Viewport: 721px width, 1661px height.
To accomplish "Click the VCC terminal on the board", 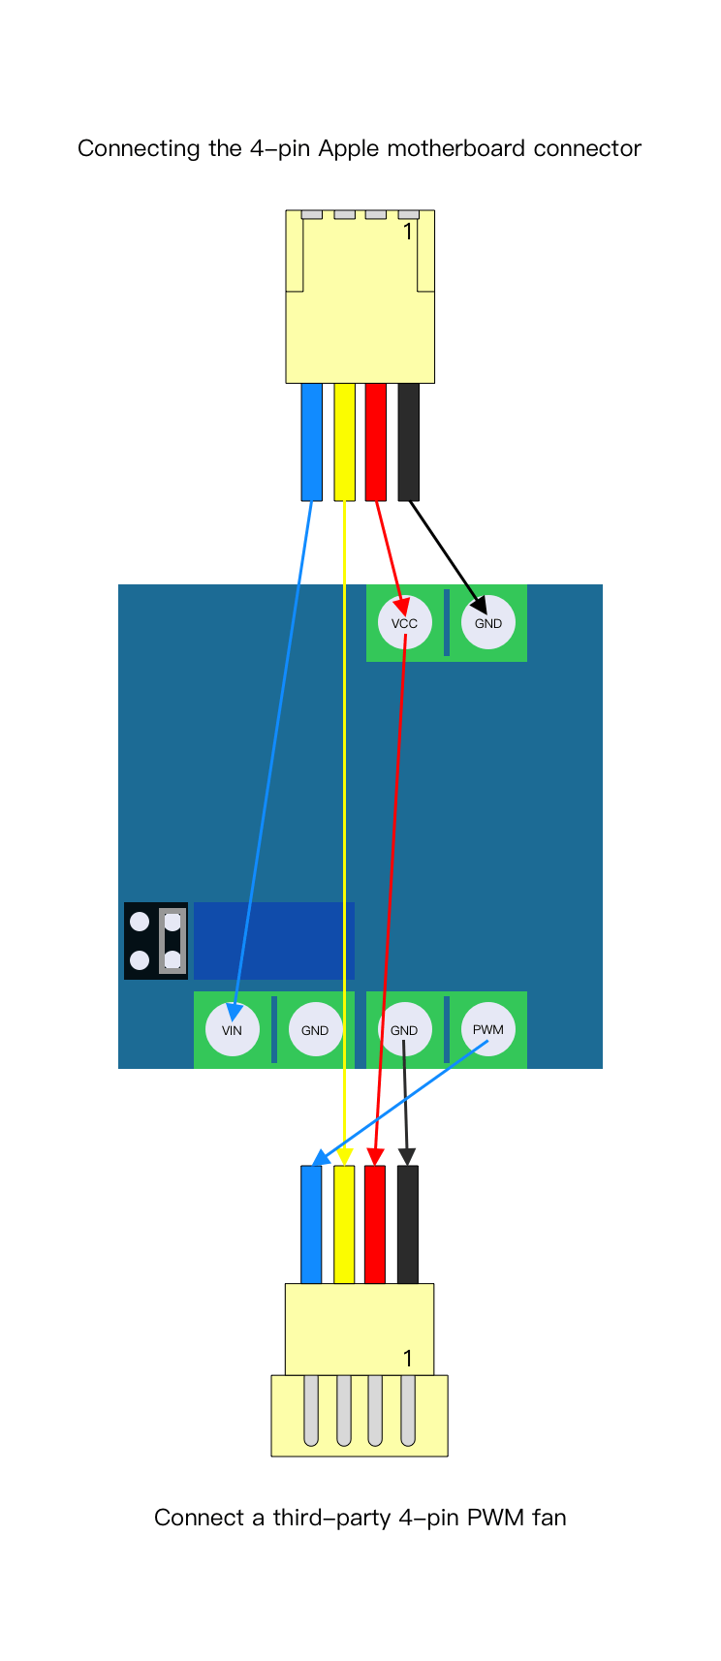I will point(404,623).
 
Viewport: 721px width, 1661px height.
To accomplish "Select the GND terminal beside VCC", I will point(487,623).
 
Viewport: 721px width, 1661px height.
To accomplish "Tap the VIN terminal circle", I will point(232,1029).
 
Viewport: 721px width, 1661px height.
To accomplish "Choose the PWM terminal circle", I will point(487,1029).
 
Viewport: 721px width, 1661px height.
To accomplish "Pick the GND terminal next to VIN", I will point(315,1029).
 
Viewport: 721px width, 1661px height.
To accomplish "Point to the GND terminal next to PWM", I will point(404,1029).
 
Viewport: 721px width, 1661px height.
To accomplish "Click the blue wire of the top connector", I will point(311,441).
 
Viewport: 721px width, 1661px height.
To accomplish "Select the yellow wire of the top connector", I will point(344,441).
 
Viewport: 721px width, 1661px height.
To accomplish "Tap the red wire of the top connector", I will point(375,441).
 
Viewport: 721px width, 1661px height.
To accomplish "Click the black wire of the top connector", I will point(408,441).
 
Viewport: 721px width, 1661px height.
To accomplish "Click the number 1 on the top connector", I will point(408,232).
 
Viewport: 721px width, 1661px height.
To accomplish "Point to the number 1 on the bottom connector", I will point(408,1359).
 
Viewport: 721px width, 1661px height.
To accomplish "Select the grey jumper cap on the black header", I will point(172,940).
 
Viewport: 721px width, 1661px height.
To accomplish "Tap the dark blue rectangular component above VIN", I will point(274,940).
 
